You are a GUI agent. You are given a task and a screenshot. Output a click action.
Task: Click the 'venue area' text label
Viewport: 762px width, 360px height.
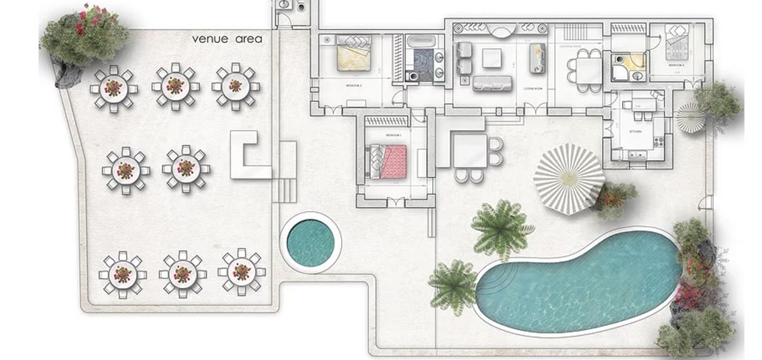(227, 39)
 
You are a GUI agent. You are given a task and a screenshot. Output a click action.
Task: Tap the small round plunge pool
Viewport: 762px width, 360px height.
(310, 242)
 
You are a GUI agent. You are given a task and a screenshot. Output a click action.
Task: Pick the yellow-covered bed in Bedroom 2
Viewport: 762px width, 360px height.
(354, 55)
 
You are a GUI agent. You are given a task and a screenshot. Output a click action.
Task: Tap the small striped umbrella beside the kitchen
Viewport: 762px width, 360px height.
(691, 117)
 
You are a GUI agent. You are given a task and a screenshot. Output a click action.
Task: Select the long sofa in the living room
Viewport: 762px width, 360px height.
(492, 83)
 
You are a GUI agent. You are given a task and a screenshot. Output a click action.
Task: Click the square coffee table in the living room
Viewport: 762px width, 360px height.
(492, 58)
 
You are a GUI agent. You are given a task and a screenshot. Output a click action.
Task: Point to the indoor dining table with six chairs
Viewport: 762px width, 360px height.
(588, 70)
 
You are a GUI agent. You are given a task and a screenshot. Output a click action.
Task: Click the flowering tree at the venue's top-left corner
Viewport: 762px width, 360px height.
(83, 37)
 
